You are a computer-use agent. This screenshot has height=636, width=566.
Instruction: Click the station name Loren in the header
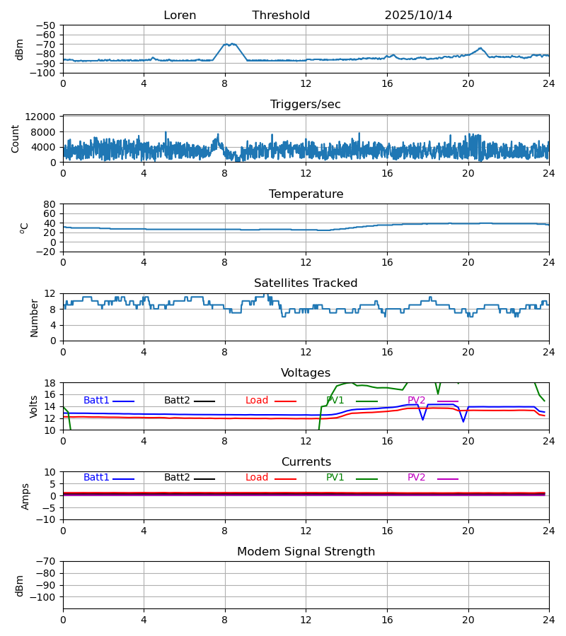tap(180, 16)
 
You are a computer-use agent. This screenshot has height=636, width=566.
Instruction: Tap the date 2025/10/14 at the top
tap(418, 16)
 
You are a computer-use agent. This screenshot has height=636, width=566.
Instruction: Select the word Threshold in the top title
tap(281, 16)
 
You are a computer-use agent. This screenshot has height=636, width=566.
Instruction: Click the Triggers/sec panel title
tap(306, 105)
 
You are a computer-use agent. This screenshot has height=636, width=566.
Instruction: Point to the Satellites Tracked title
tap(306, 283)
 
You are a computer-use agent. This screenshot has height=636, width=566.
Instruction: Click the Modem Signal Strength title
tap(306, 552)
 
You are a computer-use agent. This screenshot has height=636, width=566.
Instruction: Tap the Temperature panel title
tap(306, 194)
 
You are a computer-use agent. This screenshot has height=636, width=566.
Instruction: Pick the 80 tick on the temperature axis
tap(50, 204)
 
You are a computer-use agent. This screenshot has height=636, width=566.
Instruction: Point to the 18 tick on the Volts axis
tap(50, 383)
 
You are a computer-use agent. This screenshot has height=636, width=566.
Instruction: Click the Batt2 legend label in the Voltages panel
tap(177, 401)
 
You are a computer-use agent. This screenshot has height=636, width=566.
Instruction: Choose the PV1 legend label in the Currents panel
tap(335, 478)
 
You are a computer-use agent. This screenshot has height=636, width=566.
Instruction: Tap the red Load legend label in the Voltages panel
tap(257, 401)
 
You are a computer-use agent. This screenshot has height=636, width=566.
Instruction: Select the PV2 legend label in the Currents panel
tap(417, 478)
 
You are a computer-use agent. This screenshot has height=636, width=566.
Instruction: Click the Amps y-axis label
tap(25, 496)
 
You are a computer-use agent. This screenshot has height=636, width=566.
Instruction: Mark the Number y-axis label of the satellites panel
tap(35, 317)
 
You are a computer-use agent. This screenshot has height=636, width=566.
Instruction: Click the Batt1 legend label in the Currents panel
tap(96, 478)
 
